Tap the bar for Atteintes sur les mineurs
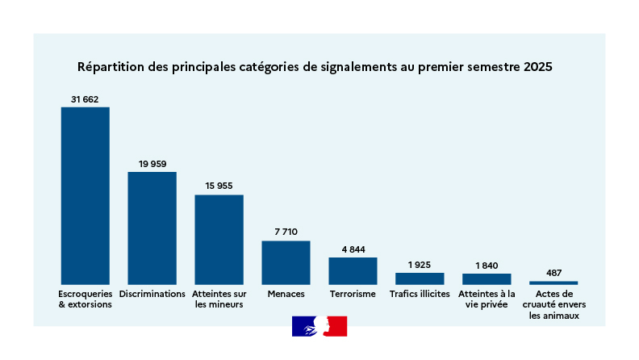(x=219, y=239)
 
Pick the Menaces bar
(x=286, y=262)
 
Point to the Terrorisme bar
(x=353, y=270)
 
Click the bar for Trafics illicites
(x=420, y=278)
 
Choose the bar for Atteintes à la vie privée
(x=487, y=278)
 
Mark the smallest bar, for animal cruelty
(x=553, y=283)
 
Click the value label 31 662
(x=85, y=99)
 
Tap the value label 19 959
(x=152, y=164)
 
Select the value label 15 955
(x=219, y=186)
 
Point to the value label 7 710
(x=286, y=232)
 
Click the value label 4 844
(x=353, y=249)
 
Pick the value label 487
(x=553, y=273)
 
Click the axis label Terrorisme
(x=353, y=294)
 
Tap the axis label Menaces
(x=286, y=294)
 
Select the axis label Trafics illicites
(x=420, y=294)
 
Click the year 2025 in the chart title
(x=537, y=66)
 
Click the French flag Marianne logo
(x=319, y=326)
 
